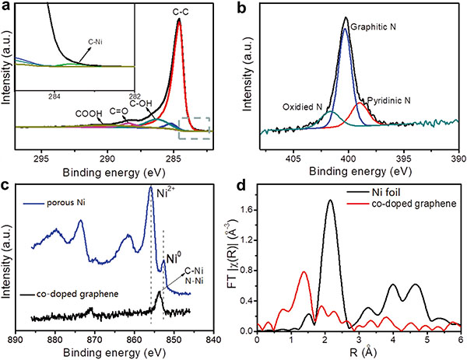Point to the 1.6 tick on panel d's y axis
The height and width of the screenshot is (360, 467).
point(248,209)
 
